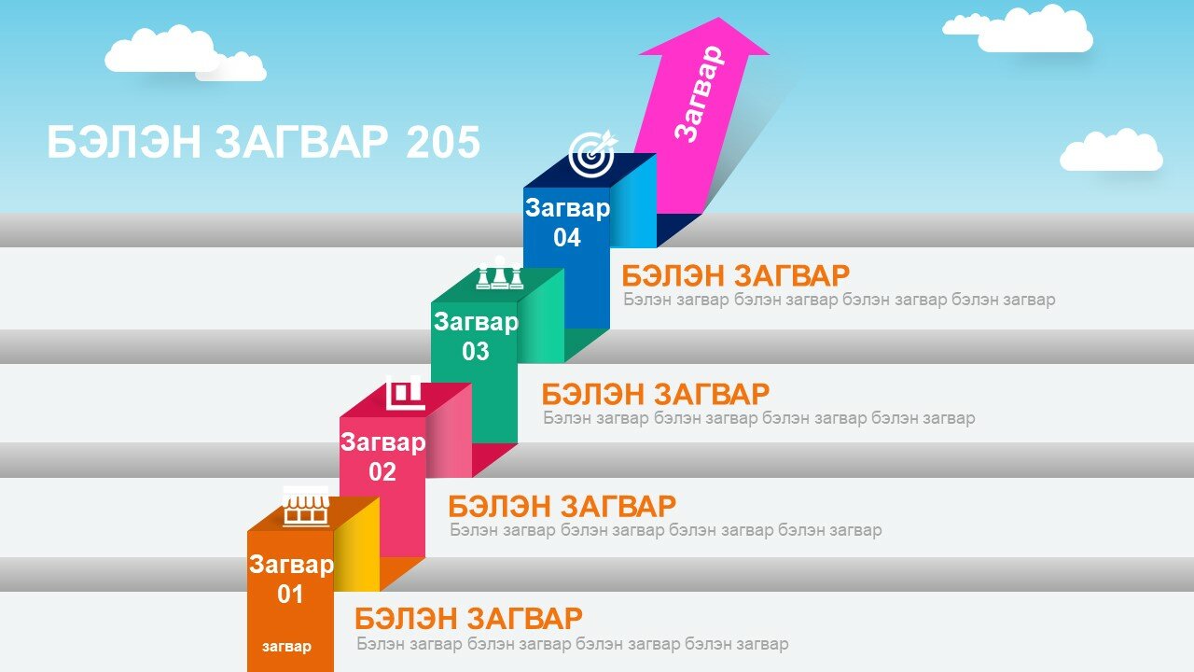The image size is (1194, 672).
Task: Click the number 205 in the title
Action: click(443, 142)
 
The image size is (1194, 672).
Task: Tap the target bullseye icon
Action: click(592, 154)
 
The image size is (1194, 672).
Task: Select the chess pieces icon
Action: click(499, 273)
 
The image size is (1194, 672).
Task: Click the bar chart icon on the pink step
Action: click(406, 393)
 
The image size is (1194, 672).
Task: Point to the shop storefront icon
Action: click(305, 506)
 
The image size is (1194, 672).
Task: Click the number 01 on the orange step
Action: click(290, 595)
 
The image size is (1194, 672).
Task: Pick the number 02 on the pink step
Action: click(382, 472)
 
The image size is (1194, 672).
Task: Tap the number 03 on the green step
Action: click(475, 352)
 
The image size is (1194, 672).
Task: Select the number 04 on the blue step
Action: click(566, 238)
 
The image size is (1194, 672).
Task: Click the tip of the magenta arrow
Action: click(719, 18)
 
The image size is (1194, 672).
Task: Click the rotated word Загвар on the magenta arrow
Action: click(699, 93)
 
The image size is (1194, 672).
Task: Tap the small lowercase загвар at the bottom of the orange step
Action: click(286, 647)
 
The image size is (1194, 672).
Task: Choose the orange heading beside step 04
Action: click(736, 275)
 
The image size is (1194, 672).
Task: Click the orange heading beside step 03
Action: click(656, 394)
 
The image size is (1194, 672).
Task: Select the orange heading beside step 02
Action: click(562, 506)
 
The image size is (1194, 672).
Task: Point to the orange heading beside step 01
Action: click(468, 619)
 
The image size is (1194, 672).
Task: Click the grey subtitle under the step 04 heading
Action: click(840, 300)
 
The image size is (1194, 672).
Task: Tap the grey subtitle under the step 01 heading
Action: click(573, 644)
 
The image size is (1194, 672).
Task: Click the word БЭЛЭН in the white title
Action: click(124, 142)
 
